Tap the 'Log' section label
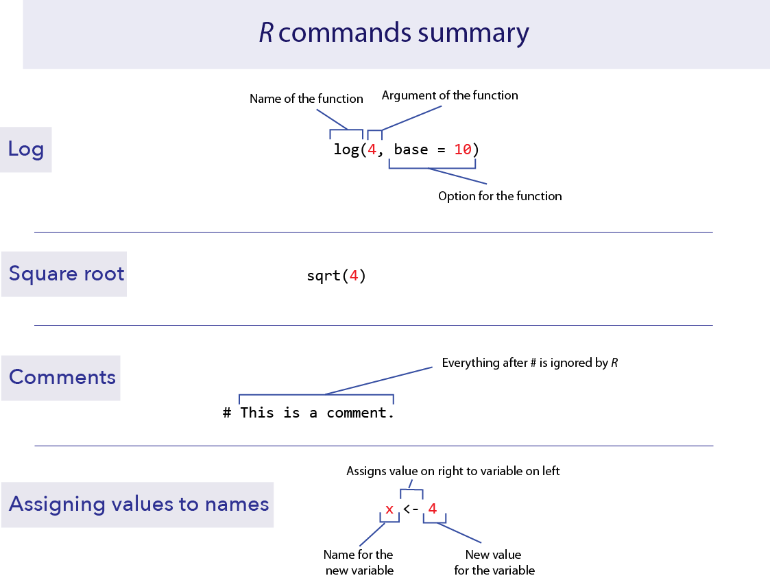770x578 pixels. pyautogui.click(x=26, y=149)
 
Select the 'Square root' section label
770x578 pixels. pyautogui.click(x=67, y=274)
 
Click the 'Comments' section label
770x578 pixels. pyautogui.click(x=62, y=377)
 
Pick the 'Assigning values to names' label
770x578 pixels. pyautogui.click(x=139, y=505)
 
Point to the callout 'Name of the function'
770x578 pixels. pyautogui.click(x=306, y=99)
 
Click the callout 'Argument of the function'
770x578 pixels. pyautogui.click(x=450, y=95)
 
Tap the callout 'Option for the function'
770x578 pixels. pyautogui.click(x=500, y=196)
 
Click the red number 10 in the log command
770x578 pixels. pyautogui.click(x=463, y=149)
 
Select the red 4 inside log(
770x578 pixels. pyautogui.click(x=372, y=149)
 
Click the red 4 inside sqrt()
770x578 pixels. pyautogui.click(x=354, y=276)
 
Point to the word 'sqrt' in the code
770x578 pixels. pyautogui.click(x=324, y=276)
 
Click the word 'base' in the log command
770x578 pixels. pyautogui.click(x=411, y=149)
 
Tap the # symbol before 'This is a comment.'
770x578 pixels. pyautogui.click(x=227, y=413)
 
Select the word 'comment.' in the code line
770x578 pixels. pyautogui.click(x=361, y=413)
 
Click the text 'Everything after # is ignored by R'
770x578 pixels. pyautogui.click(x=530, y=363)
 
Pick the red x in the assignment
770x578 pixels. pyautogui.click(x=389, y=509)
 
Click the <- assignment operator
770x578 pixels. pyautogui.click(x=411, y=509)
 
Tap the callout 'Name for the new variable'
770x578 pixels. pyautogui.click(x=358, y=562)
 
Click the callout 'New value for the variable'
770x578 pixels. pyautogui.click(x=494, y=562)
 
